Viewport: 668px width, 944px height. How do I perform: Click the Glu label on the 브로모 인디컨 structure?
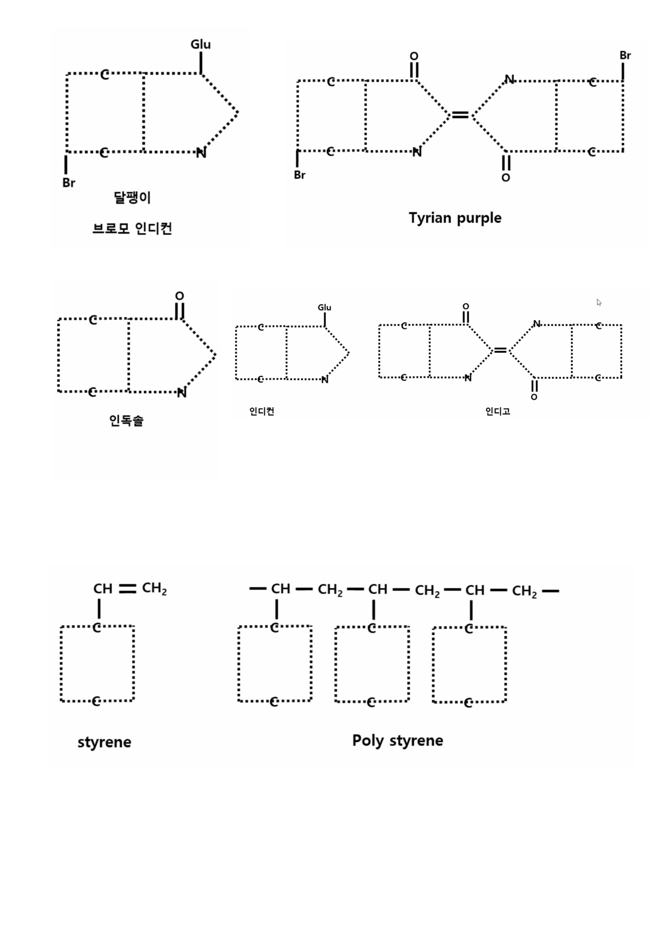coord(200,44)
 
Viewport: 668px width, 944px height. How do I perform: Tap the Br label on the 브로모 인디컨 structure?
coord(69,183)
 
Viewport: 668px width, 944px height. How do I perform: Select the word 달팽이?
coord(132,198)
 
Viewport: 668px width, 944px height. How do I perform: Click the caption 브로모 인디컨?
coord(132,228)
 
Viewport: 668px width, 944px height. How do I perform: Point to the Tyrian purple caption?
coord(455,218)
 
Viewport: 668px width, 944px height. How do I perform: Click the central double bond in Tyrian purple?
coord(460,115)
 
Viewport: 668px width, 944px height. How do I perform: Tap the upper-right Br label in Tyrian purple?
coord(625,56)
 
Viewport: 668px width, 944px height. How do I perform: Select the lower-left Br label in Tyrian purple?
coord(299,175)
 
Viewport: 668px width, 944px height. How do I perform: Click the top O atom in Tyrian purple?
coord(414,56)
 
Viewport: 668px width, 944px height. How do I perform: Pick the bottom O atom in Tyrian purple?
coord(505,178)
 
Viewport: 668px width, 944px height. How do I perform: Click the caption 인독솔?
coord(126,421)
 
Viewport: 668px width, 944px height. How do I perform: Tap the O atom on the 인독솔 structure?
coord(179,296)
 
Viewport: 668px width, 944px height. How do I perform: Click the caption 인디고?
coord(498,411)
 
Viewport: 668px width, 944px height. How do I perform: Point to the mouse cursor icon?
coord(599,303)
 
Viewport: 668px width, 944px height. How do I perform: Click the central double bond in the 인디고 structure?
coord(500,350)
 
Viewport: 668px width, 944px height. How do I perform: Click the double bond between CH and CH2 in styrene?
coord(127,589)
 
